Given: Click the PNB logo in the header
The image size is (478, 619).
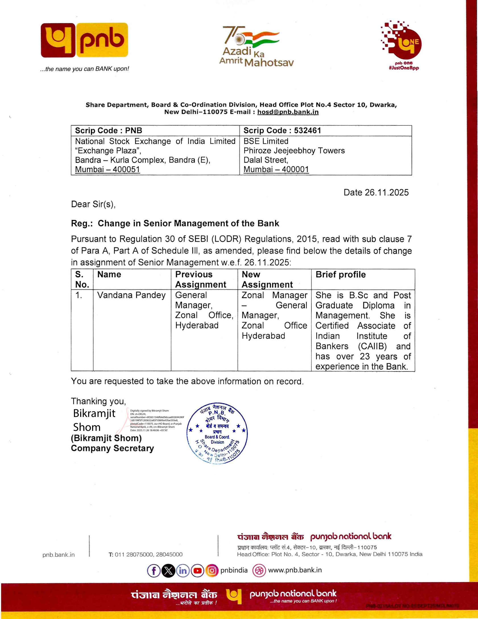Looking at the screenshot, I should point(84,40).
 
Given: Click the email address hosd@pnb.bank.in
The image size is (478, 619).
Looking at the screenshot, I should point(288,112).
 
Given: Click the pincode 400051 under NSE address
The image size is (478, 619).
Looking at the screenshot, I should point(126,169).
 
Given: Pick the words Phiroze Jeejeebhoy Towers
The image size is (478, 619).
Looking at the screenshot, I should point(294,151).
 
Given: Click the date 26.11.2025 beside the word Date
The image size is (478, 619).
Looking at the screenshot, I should point(387,192).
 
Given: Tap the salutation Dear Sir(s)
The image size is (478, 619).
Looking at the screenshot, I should point(93,204).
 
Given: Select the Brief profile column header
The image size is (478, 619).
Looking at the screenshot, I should point(341,275).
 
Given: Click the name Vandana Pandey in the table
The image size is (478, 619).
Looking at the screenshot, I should point(131,295).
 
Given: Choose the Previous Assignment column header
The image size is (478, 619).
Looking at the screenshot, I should point(201,279).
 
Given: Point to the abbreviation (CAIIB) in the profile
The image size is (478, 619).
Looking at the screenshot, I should point(372,346).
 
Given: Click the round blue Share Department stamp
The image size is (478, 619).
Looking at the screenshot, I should point(217,433).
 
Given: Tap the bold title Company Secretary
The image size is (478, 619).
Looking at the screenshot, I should point(112,448).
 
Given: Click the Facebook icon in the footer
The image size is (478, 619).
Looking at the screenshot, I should point(154,570).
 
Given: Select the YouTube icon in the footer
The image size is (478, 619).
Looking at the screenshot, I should point(197,570).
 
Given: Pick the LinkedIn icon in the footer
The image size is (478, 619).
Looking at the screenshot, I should point(183,570).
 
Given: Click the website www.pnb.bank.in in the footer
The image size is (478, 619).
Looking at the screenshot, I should point(295,570).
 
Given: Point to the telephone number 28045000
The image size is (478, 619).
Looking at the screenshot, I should point(169,554).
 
